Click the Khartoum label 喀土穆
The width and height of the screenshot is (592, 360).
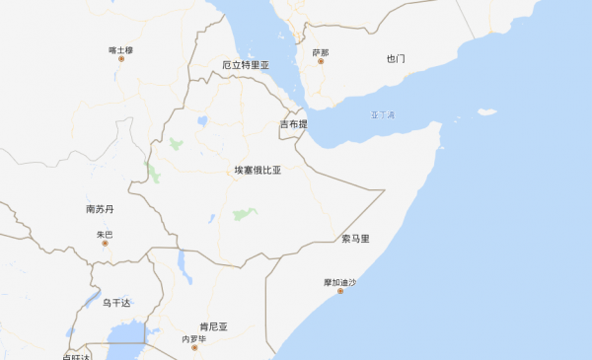click(x=120, y=48)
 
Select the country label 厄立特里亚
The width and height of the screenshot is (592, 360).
click(x=246, y=65)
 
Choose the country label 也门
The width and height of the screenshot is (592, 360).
click(x=396, y=59)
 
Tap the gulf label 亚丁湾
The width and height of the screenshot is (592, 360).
click(x=383, y=114)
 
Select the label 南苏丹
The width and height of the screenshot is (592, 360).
click(x=101, y=209)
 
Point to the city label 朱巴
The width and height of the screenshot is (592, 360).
click(x=105, y=234)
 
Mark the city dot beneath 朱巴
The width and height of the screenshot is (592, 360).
click(x=105, y=243)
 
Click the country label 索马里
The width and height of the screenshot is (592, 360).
click(x=355, y=239)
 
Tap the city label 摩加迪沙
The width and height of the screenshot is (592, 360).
click(x=339, y=281)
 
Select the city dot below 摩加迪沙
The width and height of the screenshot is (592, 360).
click(x=339, y=291)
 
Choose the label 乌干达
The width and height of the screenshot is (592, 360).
click(x=116, y=302)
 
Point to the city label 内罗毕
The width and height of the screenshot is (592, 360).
click(x=193, y=339)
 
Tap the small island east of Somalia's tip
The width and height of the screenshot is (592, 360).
click(x=486, y=111)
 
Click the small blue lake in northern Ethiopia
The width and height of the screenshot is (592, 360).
click(x=202, y=121)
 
